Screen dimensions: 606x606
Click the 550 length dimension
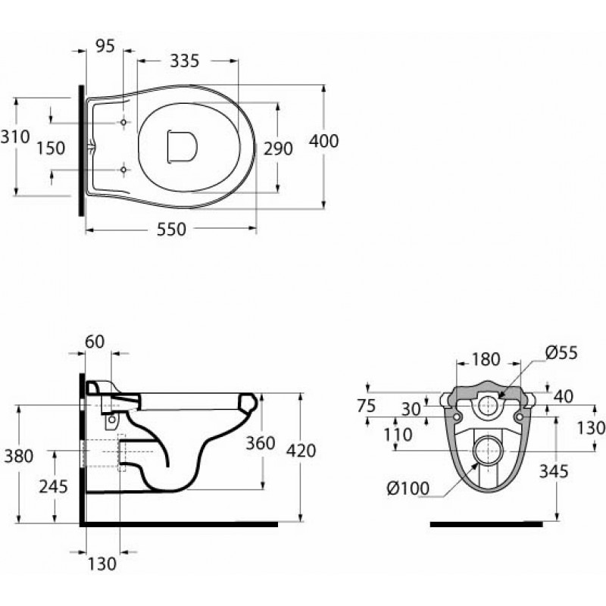pos(171,230)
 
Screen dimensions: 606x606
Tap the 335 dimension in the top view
pos(185,61)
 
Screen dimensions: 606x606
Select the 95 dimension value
pos(105,46)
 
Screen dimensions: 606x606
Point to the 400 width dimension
pos(324,141)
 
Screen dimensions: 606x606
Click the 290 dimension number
pos(278,148)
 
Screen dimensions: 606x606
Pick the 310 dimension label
pos(15,137)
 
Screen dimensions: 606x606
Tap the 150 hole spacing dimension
pos(51,148)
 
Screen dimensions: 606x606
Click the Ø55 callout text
pos(561,352)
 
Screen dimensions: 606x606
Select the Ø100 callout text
pos(408,489)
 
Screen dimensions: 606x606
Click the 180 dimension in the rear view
pos(486,359)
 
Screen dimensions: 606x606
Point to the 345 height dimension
pos(554,471)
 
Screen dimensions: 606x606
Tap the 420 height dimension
pos(301,451)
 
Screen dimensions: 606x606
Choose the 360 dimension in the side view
pos(261,443)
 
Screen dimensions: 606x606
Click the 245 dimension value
pos(53,486)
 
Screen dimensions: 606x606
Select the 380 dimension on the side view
pos(18,457)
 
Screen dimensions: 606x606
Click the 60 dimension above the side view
pos(95,342)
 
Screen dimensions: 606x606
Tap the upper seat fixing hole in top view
pos(123,122)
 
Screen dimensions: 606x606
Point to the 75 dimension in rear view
pos(367,405)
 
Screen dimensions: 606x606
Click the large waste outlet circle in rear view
pos(489,451)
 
